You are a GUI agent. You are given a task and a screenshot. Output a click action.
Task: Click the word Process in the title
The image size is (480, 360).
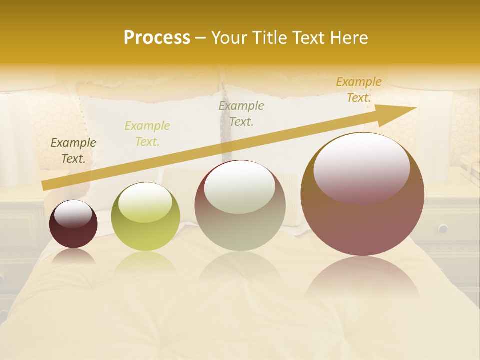click(x=157, y=38)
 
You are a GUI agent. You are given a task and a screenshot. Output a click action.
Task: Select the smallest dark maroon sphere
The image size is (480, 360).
click(x=73, y=224)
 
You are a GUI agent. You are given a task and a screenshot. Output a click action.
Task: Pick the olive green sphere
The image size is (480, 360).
click(x=145, y=217)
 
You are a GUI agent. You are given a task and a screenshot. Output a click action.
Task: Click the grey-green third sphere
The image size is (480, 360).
click(x=240, y=205)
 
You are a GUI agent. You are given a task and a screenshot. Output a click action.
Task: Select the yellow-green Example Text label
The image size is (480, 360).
click(x=147, y=134)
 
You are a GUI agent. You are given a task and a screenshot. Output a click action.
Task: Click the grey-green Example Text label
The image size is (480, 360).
click(x=241, y=114)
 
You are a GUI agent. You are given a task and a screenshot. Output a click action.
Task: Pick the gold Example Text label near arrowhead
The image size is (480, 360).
click(x=358, y=90)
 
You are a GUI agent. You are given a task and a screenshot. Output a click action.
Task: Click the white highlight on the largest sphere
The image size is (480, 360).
click(x=361, y=165)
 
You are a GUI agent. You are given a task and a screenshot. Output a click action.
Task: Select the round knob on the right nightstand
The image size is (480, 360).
click(x=443, y=228)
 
